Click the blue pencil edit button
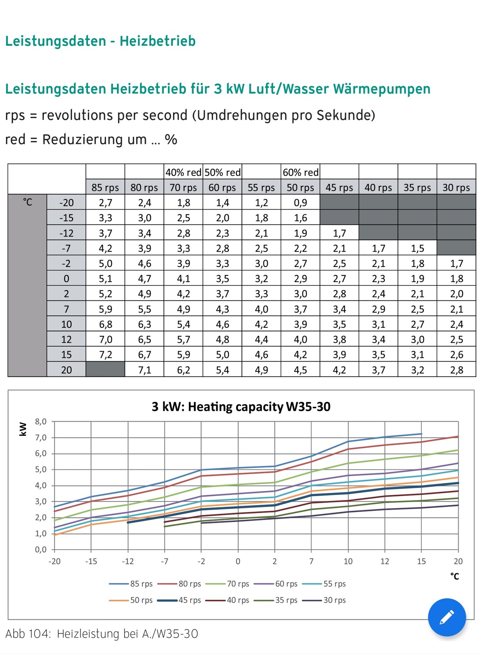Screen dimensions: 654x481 (446, 617)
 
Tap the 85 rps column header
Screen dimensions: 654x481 (105, 187)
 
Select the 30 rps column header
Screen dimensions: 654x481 (456, 187)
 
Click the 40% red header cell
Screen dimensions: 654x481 (183, 172)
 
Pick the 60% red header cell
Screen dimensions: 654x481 (300, 172)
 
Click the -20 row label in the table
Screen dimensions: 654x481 (66, 202)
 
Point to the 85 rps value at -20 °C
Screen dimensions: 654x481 (105, 202)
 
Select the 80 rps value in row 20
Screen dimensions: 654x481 (144, 370)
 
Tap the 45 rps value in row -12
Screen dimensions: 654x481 (339, 233)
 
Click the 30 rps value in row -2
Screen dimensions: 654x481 (456, 264)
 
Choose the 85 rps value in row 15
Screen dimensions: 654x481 (105, 354)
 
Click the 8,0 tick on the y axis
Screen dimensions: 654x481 (41, 422)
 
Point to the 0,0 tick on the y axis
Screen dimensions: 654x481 (41, 550)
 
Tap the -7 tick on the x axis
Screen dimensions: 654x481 (164, 561)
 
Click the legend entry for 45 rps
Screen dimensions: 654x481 (189, 600)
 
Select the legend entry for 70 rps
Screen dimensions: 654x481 (238, 584)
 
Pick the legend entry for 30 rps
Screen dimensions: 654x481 (334, 600)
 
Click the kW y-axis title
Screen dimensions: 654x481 (23, 429)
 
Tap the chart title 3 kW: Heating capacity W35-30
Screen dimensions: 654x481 (241, 407)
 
